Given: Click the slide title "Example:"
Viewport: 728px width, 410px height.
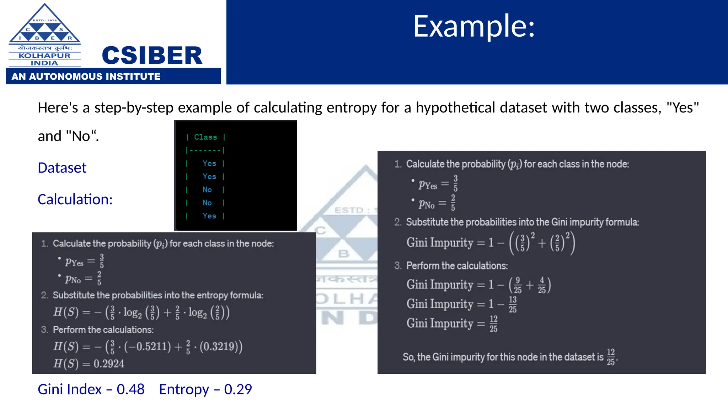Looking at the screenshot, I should pyautogui.click(x=473, y=26).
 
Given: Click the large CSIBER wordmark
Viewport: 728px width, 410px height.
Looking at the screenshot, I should pyautogui.click(x=152, y=56).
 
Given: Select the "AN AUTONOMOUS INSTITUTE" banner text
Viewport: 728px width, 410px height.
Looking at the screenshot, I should pyautogui.click(x=86, y=77).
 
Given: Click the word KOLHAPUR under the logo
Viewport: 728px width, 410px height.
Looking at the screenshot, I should pyautogui.click(x=44, y=56).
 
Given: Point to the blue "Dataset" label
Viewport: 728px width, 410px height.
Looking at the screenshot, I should pyautogui.click(x=62, y=168).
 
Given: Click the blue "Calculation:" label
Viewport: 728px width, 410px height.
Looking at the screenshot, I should pyautogui.click(x=75, y=199).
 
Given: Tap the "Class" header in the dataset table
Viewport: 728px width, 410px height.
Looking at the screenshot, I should pyautogui.click(x=205, y=137).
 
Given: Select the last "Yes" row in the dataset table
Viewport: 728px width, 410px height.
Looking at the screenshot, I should pyautogui.click(x=209, y=216).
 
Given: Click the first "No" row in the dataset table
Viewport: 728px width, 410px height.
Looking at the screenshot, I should pyautogui.click(x=207, y=190).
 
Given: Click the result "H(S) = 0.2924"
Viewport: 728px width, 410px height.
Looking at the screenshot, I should pyautogui.click(x=89, y=363).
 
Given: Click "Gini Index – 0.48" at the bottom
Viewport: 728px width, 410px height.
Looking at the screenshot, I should pyautogui.click(x=91, y=389).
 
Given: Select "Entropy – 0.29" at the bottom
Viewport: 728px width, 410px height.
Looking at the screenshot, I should pyautogui.click(x=205, y=389).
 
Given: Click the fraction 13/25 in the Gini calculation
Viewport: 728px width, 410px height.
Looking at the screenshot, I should pyautogui.click(x=512, y=304).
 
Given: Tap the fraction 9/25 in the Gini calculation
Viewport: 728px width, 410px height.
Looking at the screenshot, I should pyautogui.click(x=518, y=285).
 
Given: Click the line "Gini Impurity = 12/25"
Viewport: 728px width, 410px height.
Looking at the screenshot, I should pyautogui.click(x=452, y=324).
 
